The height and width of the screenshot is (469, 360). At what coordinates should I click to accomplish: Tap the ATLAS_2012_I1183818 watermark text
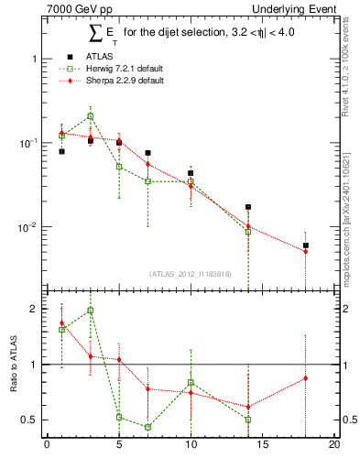tap(189, 273)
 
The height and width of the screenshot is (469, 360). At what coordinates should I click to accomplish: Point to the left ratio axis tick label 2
tap(34, 309)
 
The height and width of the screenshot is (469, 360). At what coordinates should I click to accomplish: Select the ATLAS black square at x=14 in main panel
tap(248, 207)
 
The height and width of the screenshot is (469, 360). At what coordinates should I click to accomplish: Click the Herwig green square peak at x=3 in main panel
tap(90, 116)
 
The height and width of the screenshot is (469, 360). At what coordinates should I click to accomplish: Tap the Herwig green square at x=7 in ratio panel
tap(147, 427)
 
